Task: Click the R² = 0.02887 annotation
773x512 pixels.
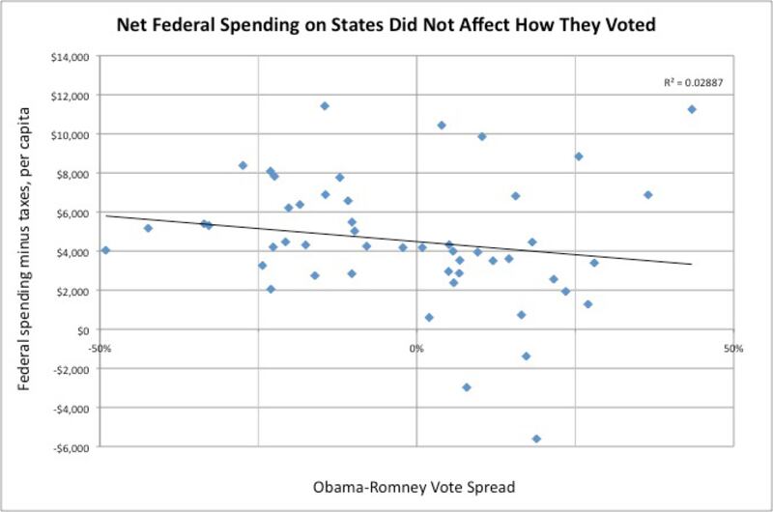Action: pos(693,83)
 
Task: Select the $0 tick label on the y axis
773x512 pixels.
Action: pos(82,330)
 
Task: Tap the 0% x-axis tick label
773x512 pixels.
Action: pos(416,347)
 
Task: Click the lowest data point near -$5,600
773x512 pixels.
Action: pos(536,439)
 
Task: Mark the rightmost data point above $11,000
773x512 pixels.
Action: pos(692,109)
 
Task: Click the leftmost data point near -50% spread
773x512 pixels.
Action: pos(105,250)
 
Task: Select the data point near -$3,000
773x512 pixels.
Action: pos(467,387)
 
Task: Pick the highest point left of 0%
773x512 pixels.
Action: pos(325,105)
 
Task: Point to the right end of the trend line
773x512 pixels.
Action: pos(692,264)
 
